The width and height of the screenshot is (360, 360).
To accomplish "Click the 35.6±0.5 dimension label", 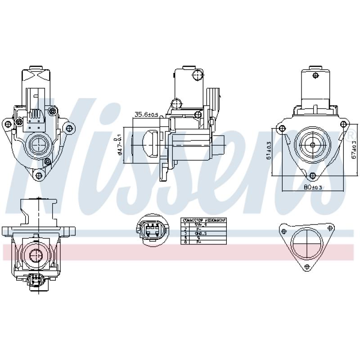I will coord(147,115).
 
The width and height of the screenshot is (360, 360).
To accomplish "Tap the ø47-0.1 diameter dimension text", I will coord(120,144).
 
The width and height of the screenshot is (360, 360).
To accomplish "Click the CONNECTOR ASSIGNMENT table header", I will coord(203,220).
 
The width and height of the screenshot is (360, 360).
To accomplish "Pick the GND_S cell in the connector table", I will coord(200,234).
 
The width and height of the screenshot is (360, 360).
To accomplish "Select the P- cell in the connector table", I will coord(198,229).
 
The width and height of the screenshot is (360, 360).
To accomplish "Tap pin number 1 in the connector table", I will coord(185,225).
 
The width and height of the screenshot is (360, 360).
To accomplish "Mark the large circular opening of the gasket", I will coord(306,245).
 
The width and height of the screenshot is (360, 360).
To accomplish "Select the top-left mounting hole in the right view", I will coord(282,129).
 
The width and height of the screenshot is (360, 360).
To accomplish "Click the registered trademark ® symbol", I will coord(350,135).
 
